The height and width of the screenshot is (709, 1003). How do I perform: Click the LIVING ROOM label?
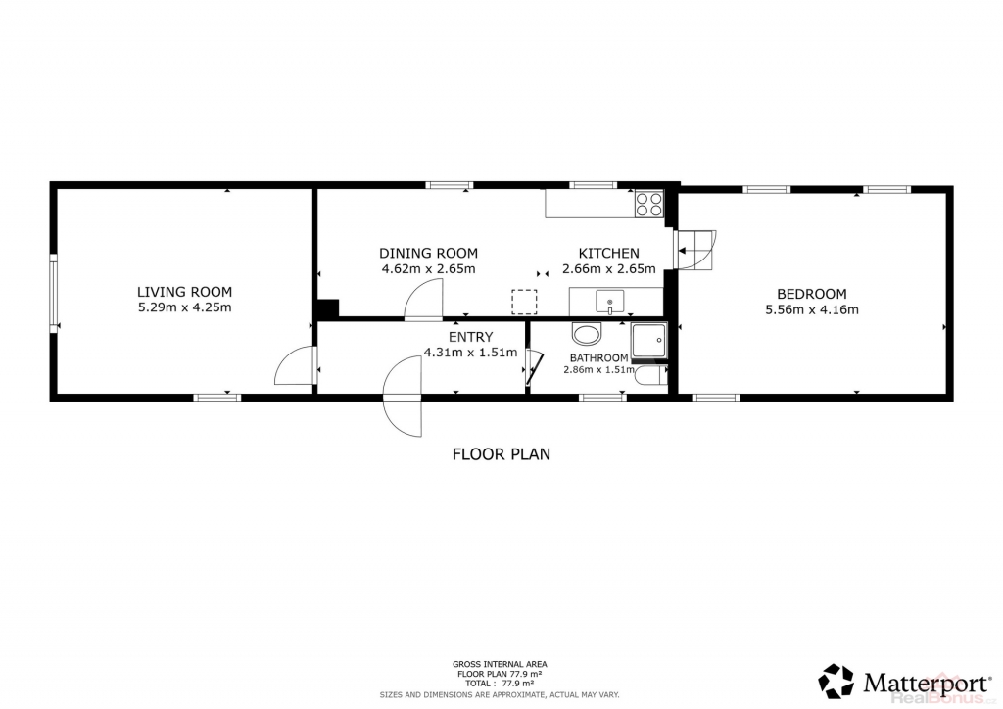pyautogui.click(x=184, y=292)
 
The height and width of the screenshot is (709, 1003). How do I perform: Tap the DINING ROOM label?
pyautogui.click(x=429, y=254)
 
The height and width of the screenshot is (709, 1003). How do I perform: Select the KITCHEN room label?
pyautogui.click(x=609, y=254)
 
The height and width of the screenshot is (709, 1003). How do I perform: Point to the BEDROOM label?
pyautogui.click(x=812, y=294)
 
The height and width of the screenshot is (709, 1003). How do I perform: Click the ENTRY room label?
pyautogui.click(x=471, y=337)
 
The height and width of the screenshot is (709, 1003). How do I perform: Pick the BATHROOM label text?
pyautogui.click(x=598, y=358)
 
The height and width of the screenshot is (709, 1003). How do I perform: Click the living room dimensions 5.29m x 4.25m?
pyautogui.click(x=185, y=307)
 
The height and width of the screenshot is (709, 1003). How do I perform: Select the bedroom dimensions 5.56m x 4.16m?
pyautogui.click(x=812, y=310)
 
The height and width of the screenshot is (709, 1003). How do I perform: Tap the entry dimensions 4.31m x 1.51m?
pyautogui.click(x=471, y=353)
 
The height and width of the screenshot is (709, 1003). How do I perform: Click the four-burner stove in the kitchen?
pyautogui.click(x=648, y=204)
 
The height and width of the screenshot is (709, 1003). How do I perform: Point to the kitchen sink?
pyautogui.click(x=610, y=301)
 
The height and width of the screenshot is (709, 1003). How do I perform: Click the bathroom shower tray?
pyautogui.click(x=648, y=340)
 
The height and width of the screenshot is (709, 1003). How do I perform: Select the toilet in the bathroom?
pyautogui.click(x=651, y=376)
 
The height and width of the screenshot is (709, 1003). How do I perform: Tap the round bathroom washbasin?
pyautogui.click(x=588, y=334)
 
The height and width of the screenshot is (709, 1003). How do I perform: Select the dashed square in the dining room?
pyautogui.click(x=524, y=302)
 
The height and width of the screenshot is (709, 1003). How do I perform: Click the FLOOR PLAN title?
pyautogui.click(x=501, y=454)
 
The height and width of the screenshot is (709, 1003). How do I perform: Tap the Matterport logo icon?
pyautogui.click(x=836, y=681)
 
